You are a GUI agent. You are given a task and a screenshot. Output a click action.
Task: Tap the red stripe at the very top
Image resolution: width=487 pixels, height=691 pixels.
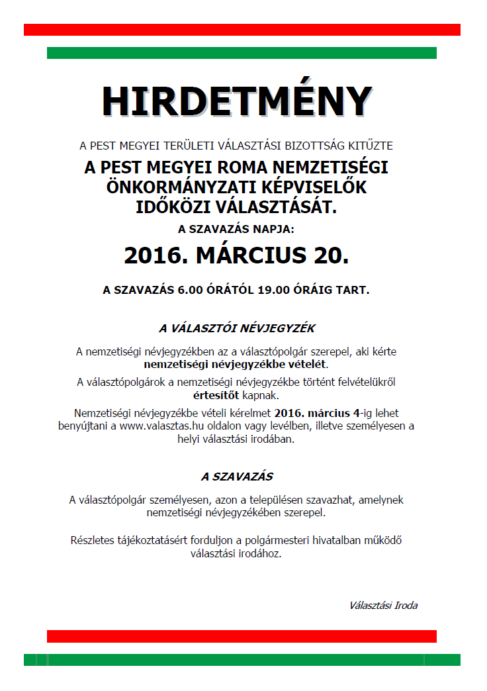tap(242, 30)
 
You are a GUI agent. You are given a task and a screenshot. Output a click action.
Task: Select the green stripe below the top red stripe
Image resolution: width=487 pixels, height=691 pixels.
tap(242, 53)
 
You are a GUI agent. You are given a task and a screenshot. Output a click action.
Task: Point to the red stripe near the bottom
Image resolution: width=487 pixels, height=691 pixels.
tap(242, 636)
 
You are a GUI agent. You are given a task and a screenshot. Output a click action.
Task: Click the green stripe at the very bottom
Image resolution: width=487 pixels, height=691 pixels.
tap(242, 660)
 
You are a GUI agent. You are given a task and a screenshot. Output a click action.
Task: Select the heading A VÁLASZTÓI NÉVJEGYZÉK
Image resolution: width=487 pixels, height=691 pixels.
tap(237, 328)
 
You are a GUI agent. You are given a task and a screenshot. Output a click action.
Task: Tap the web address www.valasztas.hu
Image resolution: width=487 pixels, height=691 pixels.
tap(158, 426)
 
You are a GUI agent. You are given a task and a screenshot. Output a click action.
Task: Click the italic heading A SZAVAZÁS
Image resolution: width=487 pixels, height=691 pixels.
tap(237, 477)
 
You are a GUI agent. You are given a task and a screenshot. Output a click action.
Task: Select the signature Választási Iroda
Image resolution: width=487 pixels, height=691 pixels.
tap(384, 605)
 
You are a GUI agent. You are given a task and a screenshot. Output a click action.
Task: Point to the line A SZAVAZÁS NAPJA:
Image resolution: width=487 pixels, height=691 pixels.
tap(236, 230)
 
